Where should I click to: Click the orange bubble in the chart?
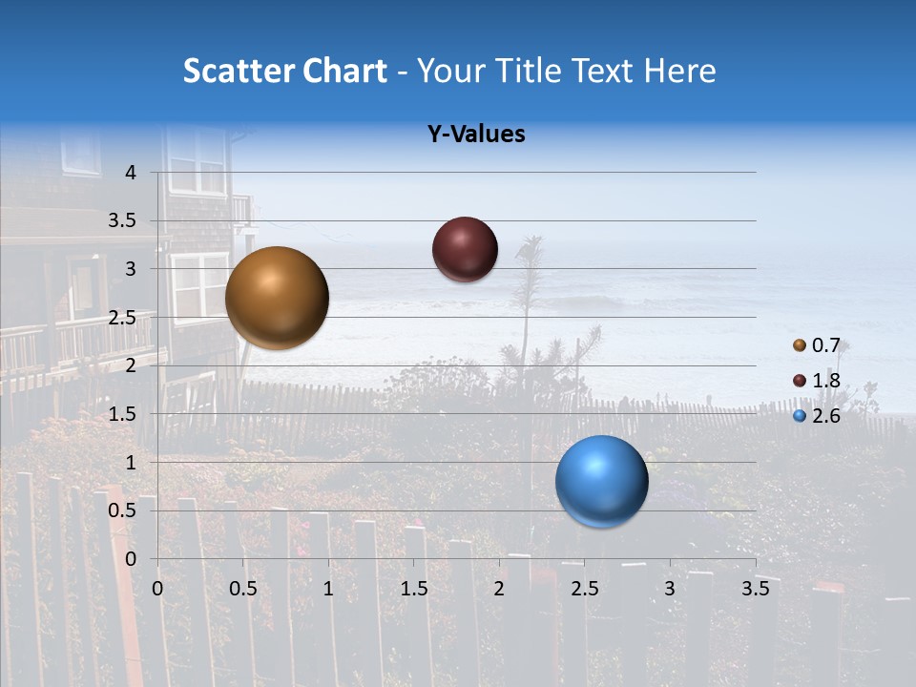point(277,298)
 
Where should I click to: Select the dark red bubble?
point(465,249)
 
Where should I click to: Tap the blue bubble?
point(601,481)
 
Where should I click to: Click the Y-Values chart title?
point(476,135)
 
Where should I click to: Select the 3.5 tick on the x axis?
point(755,589)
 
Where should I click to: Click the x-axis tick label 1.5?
point(413,589)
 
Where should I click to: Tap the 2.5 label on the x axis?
point(584,589)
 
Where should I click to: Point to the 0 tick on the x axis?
point(157,589)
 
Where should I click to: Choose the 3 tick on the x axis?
point(670,589)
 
